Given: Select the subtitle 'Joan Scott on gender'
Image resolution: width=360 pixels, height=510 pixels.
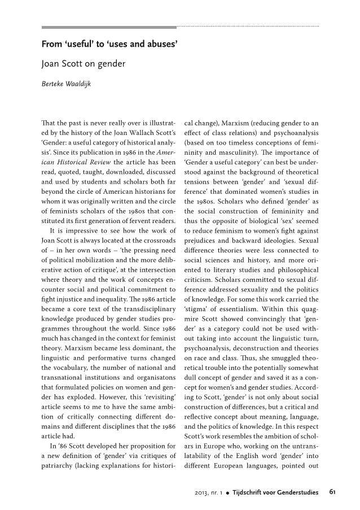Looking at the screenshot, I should (x=84, y=64).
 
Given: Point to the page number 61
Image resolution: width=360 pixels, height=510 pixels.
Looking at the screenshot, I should (x=333, y=492).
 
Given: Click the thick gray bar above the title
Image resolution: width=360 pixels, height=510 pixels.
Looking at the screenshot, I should (x=109, y=27).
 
